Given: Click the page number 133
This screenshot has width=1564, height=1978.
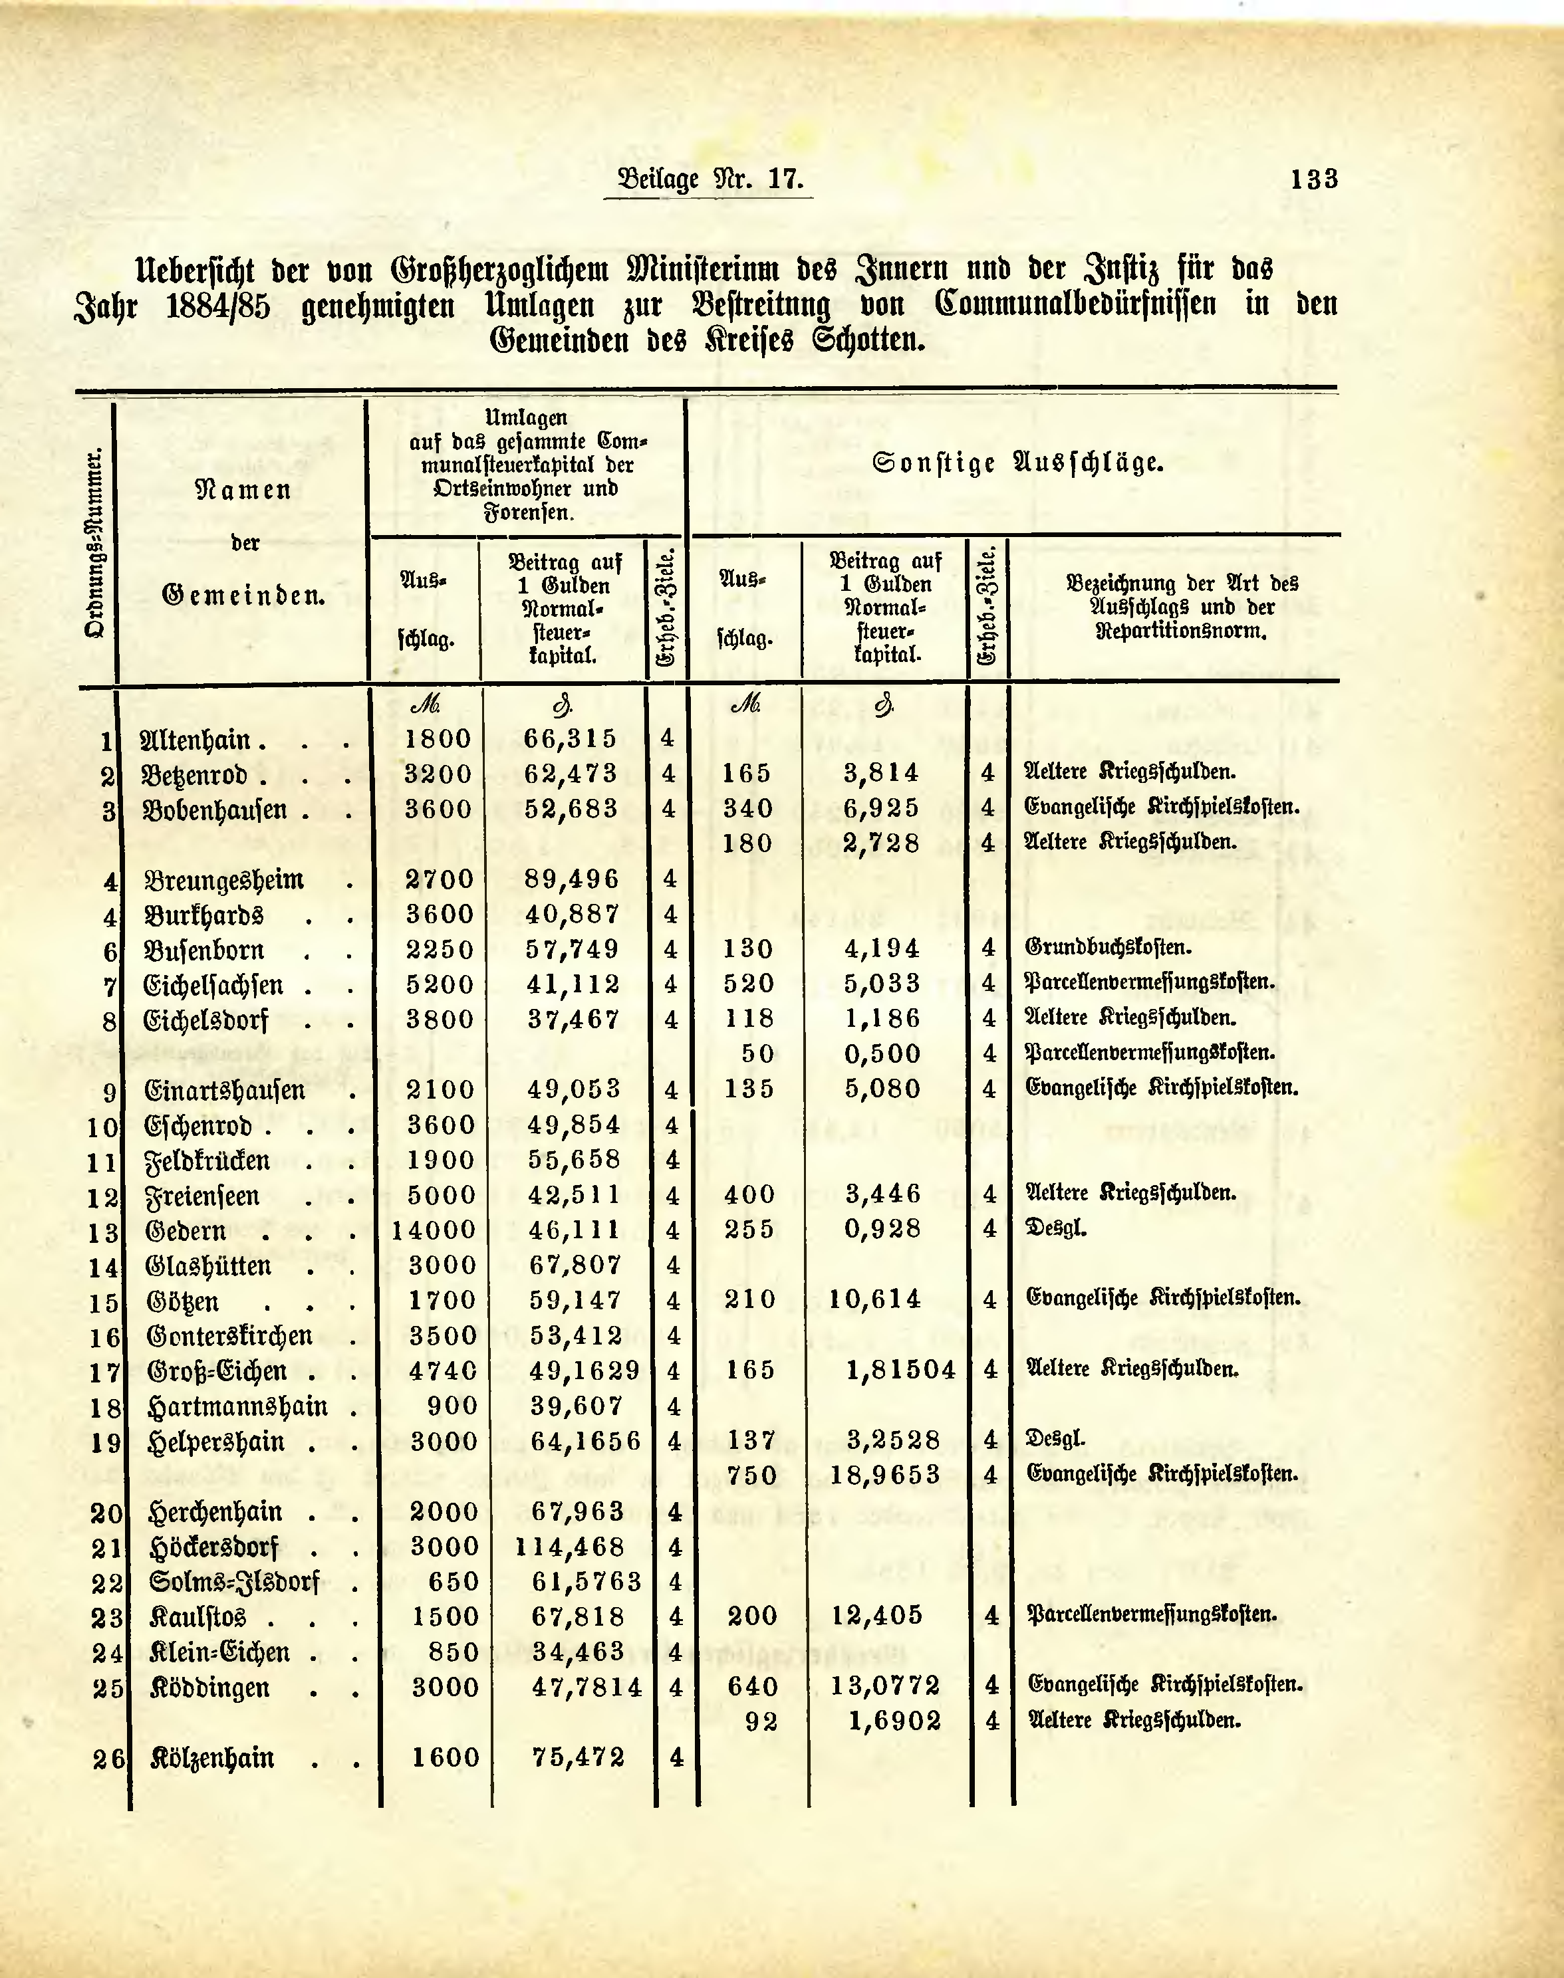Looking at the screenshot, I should (x=1313, y=179).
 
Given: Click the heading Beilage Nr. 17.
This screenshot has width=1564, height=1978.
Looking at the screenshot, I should (x=710, y=179).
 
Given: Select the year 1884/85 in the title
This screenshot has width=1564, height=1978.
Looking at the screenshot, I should (x=218, y=306).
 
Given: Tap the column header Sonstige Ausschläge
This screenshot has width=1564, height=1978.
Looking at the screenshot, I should (x=1017, y=463).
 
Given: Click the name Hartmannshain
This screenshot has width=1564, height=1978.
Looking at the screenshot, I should (x=237, y=1406).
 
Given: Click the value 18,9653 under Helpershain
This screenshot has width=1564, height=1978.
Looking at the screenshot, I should (x=886, y=1476).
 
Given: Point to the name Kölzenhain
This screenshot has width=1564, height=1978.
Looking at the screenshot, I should (x=212, y=1758).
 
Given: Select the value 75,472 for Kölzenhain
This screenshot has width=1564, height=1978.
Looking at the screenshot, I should (x=579, y=1757).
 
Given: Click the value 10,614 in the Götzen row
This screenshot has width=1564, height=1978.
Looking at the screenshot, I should (x=875, y=1300).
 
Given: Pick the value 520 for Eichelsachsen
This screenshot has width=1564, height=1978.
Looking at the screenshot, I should (x=749, y=984).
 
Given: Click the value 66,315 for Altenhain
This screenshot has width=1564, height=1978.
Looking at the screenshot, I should (x=571, y=738).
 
